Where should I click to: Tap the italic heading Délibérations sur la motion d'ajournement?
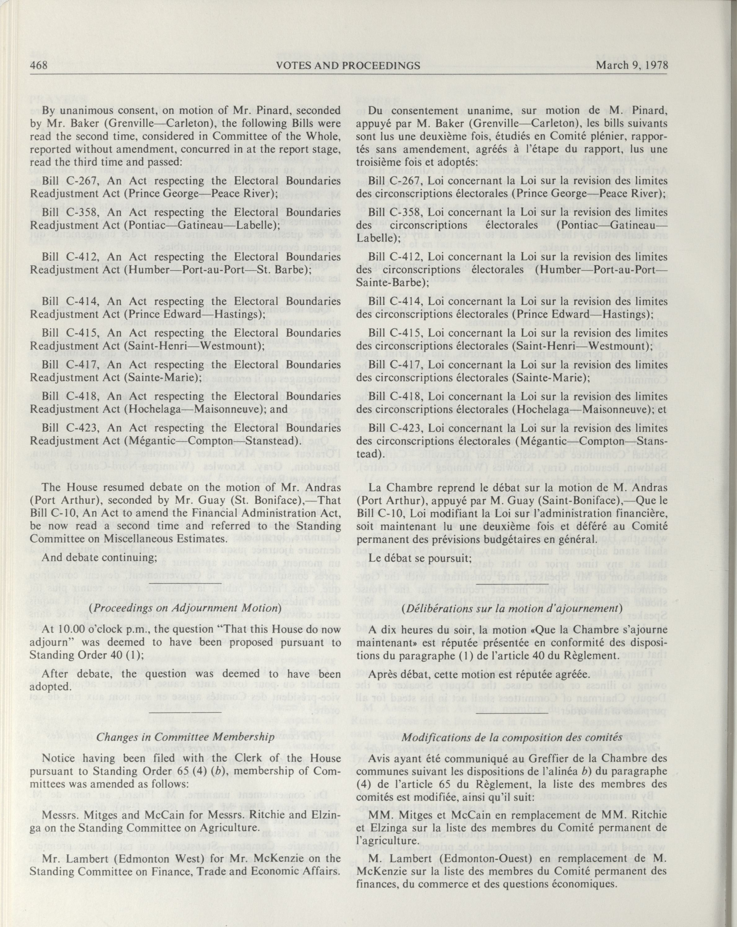pos(512,608)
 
